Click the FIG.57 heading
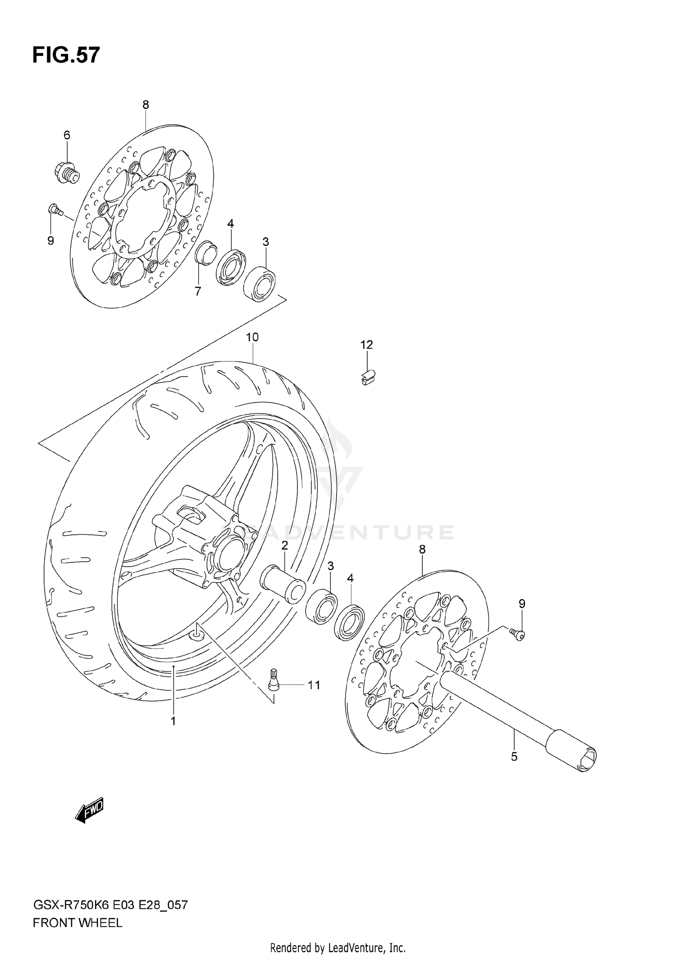tap(66, 55)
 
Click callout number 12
tap(366, 345)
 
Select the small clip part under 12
tap(368, 378)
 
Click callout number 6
tap(67, 135)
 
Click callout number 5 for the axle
tap(514, 756)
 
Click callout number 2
tap(284, 546)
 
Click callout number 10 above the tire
tap(252, 337)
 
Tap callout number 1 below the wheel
tap(173, 721)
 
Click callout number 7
tap(197, 291)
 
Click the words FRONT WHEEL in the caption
tap(78, 924)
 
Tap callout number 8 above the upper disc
tap(145, 105)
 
